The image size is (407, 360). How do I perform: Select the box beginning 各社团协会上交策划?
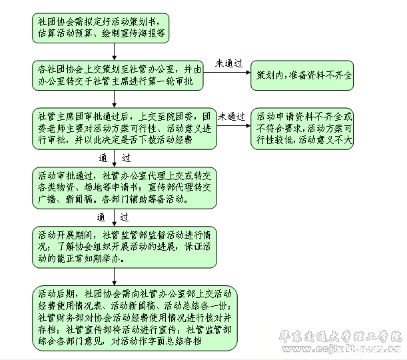[x=118, y=74]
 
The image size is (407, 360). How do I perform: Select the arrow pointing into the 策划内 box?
[x=227, y=74]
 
